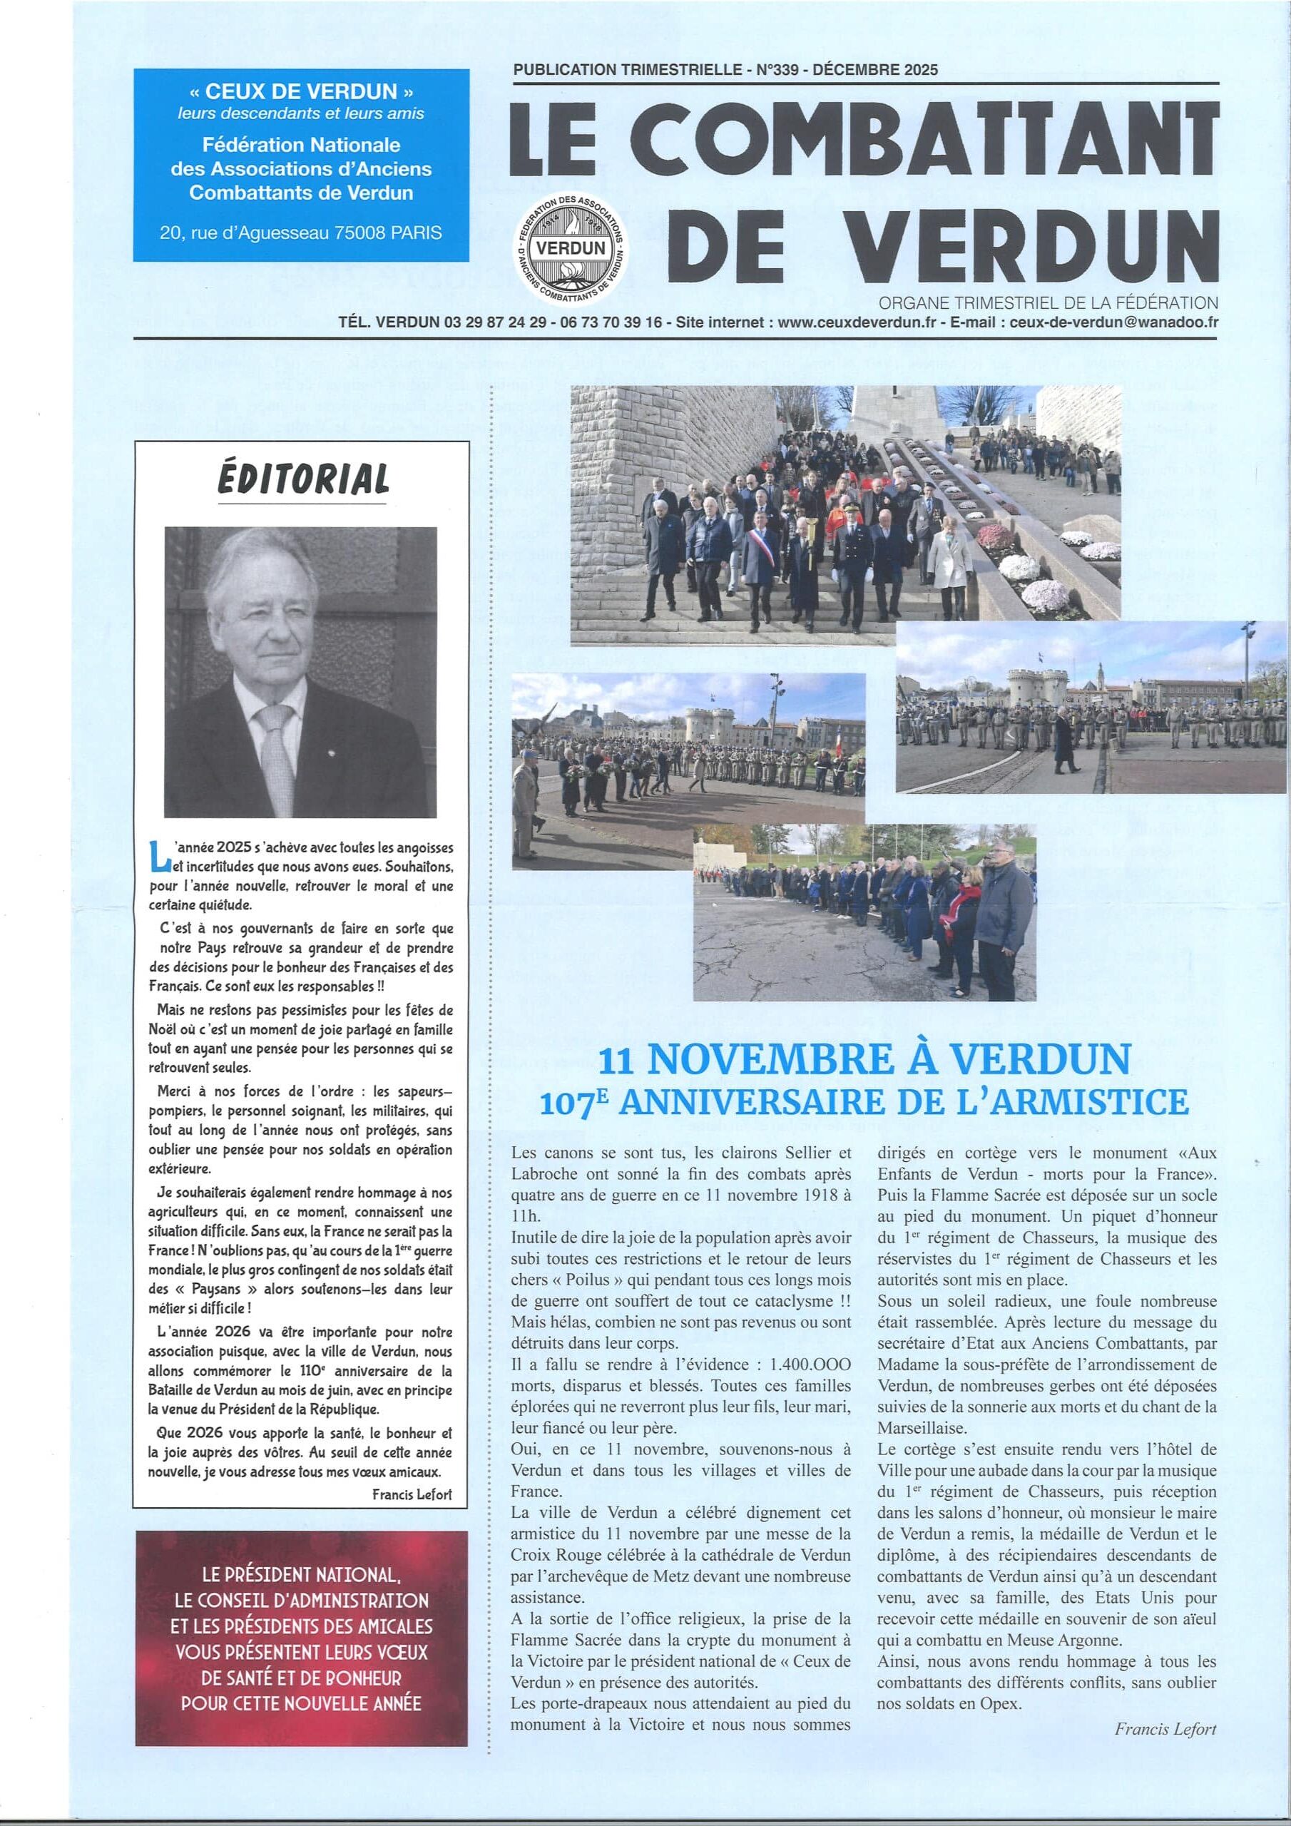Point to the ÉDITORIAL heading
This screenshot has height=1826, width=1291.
click(303, 479)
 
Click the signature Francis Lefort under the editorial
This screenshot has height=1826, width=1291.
click(412, 1494)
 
